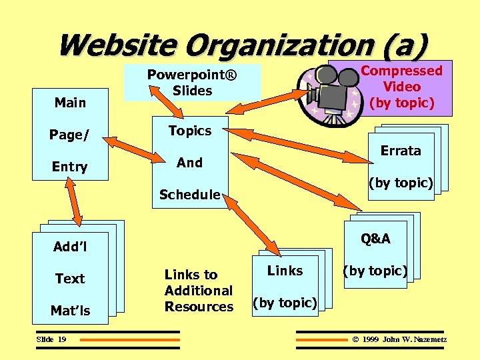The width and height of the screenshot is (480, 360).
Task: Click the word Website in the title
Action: (117, 45)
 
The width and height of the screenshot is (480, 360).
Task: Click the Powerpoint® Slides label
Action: (192, 82)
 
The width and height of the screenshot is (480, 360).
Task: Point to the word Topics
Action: (189, 131)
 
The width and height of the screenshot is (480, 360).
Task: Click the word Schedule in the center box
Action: (189, 195)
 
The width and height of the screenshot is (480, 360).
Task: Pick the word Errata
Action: (401, 151)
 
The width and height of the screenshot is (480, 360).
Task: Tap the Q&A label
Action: (376, 239)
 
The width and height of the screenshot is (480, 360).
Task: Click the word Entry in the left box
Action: (69, 167)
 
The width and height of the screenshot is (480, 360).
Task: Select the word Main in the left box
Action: (70, 103)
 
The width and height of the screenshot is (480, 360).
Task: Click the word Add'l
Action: (70, 247)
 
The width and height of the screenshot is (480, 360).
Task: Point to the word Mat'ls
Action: (70, 310)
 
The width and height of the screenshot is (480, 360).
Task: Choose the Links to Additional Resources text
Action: (198, 291)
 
